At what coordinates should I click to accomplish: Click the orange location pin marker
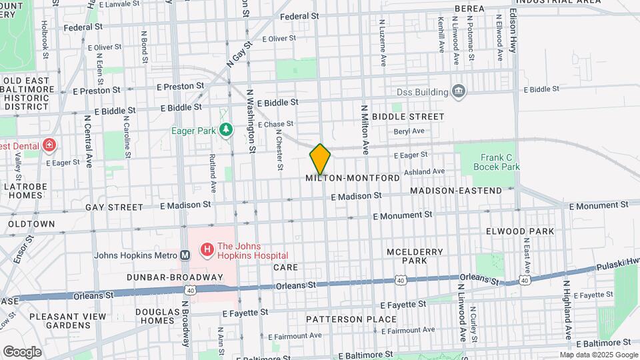tap(320, 159)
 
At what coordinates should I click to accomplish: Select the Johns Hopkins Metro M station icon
tap(186, 255)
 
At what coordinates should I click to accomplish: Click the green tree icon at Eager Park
tap(227, 129)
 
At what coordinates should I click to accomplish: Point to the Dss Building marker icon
tap(458, 91)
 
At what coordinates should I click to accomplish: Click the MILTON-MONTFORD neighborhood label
tap(353, 179)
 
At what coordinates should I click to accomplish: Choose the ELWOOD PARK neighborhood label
tap(530, 231)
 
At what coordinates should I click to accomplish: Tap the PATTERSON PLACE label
tap(351, 319)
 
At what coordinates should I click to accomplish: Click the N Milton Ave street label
tap(365, 129)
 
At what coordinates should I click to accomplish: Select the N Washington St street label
tap(251, 123)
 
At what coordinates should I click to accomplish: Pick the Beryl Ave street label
tap(409, 131)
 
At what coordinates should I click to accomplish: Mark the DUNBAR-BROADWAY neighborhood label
tap(175, 277)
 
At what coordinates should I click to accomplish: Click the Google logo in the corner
tap(22, 351)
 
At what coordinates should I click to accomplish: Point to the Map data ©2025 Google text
tap(598, 355)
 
